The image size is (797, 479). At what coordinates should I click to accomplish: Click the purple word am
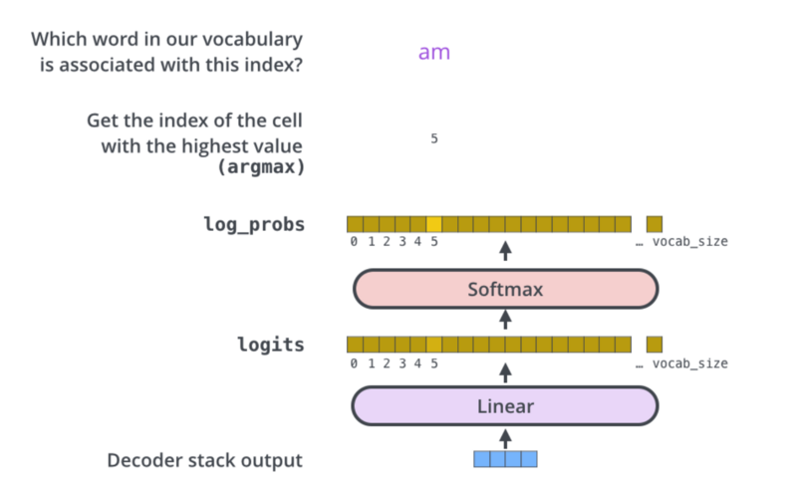[x=434, y=53]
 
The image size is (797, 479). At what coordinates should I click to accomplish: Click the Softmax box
[x=506, y=289]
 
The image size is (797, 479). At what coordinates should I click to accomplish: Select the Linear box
[x=505, y=406]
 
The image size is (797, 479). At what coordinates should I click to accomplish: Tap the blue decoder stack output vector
[x=505, y=459]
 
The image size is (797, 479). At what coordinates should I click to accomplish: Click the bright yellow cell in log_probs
[x=434, y=224]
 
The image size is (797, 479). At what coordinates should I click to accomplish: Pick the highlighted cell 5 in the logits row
[x=434, y=345]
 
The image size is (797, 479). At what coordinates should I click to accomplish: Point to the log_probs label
[x=254, y=224]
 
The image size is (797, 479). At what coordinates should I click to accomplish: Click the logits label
[x=271, y=345]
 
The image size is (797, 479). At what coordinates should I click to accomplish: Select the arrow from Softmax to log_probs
[x=505, y=251]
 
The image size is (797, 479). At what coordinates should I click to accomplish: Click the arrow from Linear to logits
[x=505, y=373]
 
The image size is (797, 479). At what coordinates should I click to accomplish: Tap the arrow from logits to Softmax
[x=505, y=320]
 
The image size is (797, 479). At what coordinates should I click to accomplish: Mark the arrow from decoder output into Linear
[x=505, y=439]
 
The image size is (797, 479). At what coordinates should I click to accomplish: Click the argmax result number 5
[x=434, y=138]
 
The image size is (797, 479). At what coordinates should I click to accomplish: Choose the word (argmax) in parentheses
[x=261, y=166]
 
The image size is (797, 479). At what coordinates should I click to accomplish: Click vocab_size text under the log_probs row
[x=689, y=242]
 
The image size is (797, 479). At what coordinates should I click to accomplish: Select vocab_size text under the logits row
[x=689, y=363]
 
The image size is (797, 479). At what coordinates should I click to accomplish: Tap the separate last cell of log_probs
[x=655, y=224]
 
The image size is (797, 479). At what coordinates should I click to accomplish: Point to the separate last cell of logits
[x=655, y=345]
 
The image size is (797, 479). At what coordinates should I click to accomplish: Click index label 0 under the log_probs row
[x=354, y=242]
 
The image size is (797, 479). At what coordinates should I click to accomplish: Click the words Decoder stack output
[x=205, y=460]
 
